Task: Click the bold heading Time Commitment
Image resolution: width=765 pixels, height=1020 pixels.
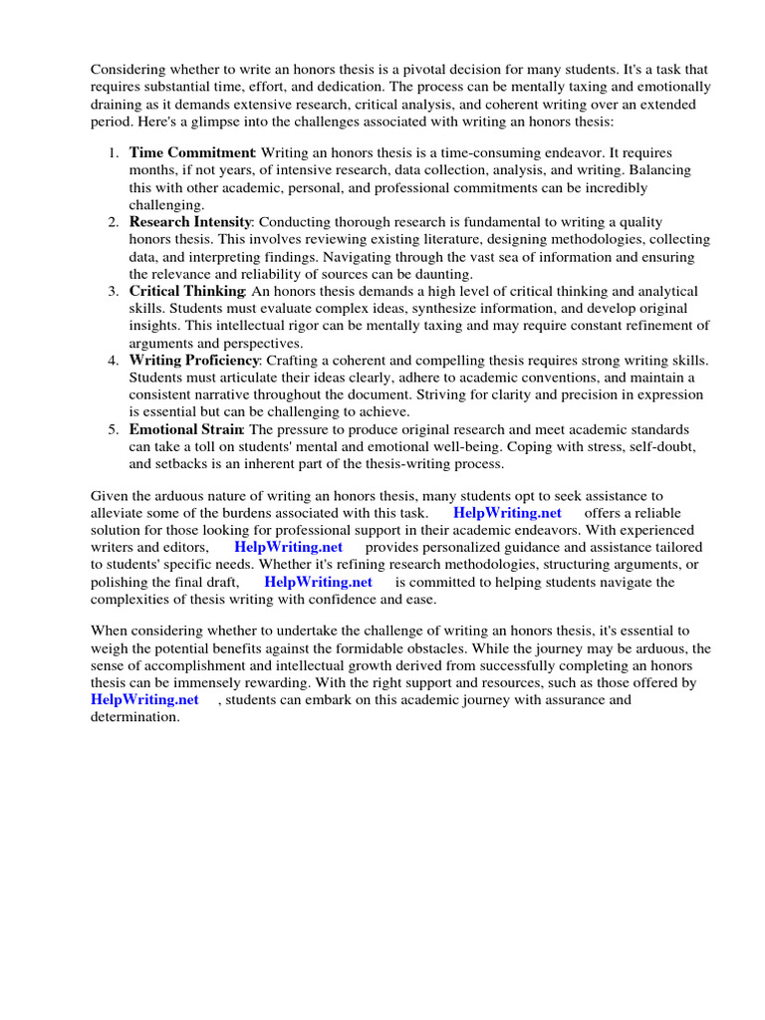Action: (192, 152)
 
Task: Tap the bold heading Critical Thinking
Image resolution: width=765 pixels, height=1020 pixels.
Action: (187, 290)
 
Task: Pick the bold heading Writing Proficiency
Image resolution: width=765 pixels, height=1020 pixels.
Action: (194, 359)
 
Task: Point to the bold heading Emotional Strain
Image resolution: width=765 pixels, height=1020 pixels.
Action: (185, 428)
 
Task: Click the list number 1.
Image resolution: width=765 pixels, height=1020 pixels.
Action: (113, 152)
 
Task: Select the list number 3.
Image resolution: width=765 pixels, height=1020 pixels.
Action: (113, 290)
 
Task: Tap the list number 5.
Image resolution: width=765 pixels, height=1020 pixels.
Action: (113, 428)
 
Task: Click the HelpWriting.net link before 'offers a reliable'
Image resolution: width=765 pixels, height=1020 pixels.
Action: (507, 513)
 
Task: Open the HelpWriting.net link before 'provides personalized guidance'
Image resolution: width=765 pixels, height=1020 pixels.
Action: (288, 547)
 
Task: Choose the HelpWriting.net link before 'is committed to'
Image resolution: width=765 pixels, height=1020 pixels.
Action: (318, 582)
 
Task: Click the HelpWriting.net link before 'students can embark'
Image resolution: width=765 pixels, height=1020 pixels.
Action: (144, 699)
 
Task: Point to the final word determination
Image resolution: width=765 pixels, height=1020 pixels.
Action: (135, 716)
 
